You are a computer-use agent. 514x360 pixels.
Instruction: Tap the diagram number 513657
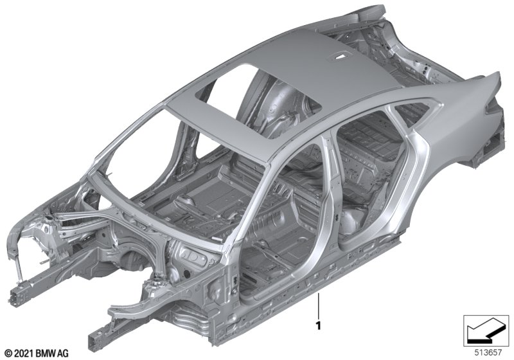488,352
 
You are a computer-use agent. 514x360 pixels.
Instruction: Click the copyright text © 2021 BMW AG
37,354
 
